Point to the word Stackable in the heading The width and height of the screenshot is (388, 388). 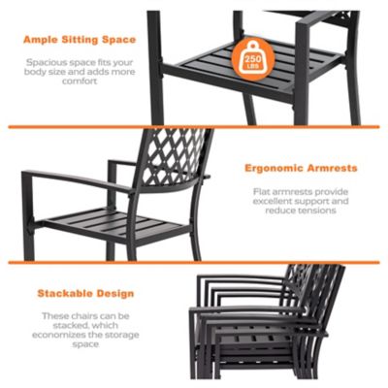pos(63,292)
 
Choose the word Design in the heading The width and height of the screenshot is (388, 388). pos(113,292)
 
